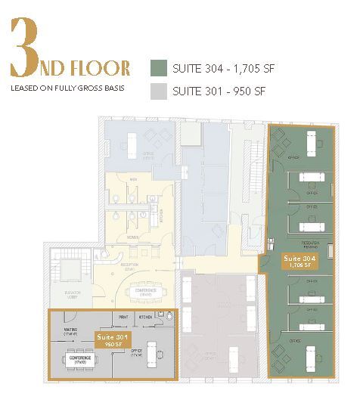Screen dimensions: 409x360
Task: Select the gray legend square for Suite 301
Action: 158,91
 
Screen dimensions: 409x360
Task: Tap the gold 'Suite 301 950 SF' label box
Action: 110,339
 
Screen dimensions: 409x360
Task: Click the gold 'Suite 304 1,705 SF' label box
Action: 298,262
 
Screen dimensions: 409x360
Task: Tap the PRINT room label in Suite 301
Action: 123,317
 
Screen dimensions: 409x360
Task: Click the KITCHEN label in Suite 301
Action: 146,317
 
